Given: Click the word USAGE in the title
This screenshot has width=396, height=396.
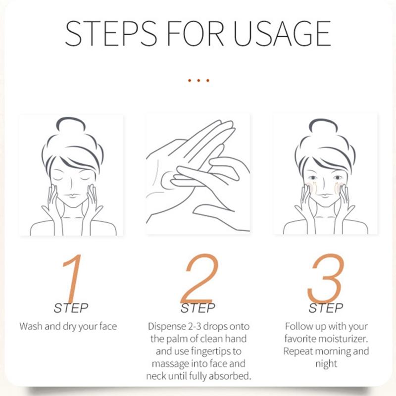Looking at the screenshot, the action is [282, 33].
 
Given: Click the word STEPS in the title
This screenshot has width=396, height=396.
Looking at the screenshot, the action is [110, 33].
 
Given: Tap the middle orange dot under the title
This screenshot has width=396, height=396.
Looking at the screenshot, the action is [198, 81].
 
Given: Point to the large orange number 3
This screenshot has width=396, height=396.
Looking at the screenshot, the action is [326, 278].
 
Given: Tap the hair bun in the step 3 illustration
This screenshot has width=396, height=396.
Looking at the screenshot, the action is [324, 125].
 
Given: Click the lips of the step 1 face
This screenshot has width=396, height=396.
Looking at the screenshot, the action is [72, 196].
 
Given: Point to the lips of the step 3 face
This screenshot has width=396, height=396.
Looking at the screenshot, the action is [325, 196].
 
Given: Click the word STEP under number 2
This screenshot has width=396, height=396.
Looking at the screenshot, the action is [198, 308].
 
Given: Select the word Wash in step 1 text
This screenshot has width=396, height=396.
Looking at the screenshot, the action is [31, 326].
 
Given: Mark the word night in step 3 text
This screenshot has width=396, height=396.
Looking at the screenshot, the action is [326, 364].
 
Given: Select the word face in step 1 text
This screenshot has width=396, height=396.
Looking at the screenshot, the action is [108, 326].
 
